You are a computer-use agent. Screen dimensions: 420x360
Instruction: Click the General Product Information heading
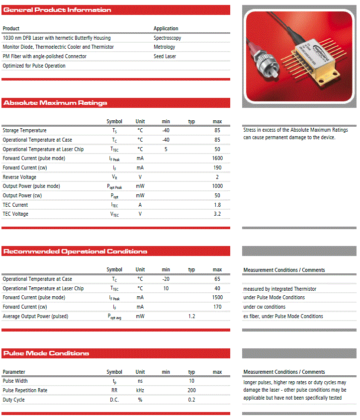point(57,10)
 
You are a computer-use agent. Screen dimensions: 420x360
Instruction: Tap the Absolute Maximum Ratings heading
point(55,103)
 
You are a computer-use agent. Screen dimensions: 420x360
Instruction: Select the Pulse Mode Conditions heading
point(46,353)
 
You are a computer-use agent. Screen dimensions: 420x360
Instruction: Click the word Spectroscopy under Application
point(167,38)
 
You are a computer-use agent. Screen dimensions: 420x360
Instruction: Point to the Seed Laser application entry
point(165,56)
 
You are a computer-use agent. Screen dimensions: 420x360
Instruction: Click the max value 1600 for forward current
point(217,158)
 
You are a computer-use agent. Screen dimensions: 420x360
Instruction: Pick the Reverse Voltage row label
point(19,177)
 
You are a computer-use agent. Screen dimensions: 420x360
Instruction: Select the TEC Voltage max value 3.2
point(217,214)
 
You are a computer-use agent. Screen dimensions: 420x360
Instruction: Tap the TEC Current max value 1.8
point(217,205)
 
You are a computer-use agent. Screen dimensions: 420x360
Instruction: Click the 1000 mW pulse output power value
point(217,186)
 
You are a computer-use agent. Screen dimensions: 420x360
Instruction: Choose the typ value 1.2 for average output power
point(191,316)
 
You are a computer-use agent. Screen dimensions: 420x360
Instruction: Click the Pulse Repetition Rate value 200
point(191,390)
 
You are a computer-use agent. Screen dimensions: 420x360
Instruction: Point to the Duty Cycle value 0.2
point(191,400)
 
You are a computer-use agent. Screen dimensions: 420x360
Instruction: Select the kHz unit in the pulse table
point(140,390)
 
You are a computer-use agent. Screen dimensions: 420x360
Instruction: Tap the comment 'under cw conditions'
point(264,307)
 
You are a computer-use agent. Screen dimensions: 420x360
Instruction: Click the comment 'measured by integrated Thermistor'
point(279,289)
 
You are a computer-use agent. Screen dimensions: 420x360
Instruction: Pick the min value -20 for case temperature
point(166,279)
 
